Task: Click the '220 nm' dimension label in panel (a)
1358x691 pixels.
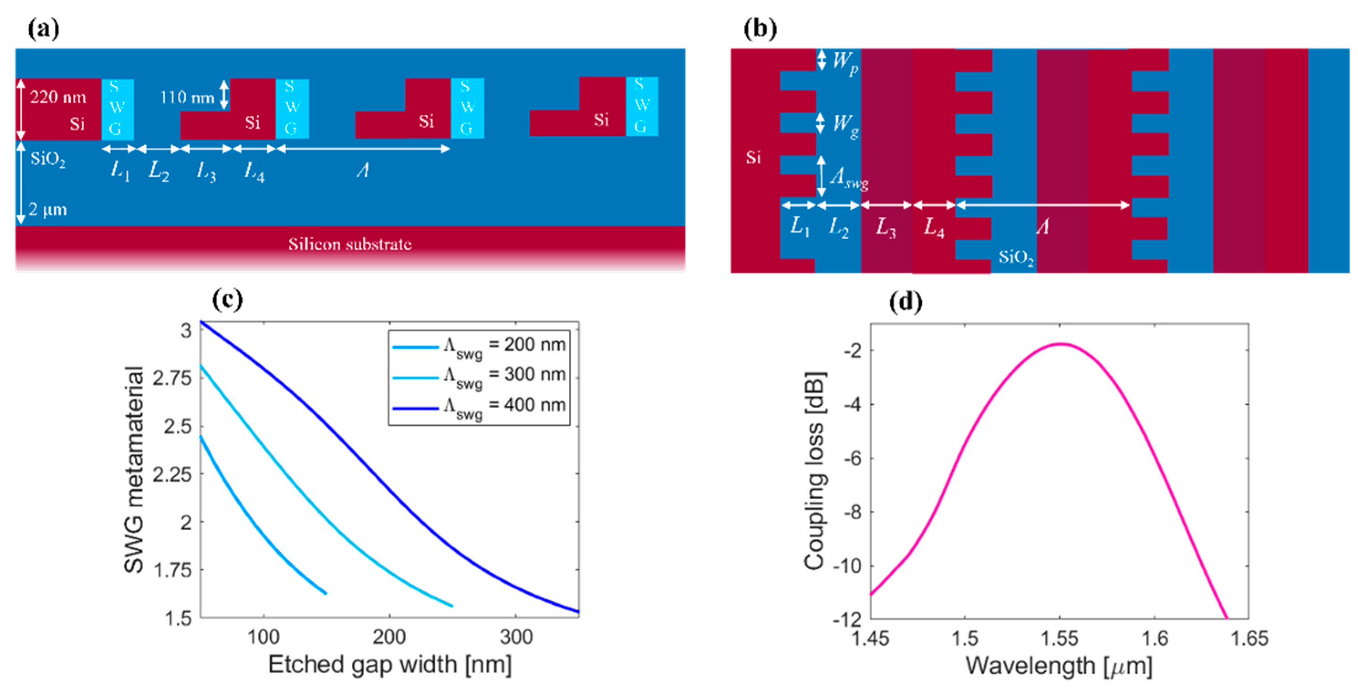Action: click(57, 97)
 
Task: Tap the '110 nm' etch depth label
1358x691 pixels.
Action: click(187, 97)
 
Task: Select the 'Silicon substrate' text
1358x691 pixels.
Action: click(350, 244)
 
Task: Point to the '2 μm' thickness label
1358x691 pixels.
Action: click(47, 210)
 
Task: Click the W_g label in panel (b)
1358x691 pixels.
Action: click(846, 124)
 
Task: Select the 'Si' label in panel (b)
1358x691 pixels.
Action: click(753, 157)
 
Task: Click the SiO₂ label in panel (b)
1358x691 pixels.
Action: click(1015, 257)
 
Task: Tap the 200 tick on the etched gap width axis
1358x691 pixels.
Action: click(389, 637)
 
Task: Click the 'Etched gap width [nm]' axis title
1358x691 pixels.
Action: click(390, 665)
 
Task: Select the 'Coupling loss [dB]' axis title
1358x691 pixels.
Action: click(815, 471)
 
